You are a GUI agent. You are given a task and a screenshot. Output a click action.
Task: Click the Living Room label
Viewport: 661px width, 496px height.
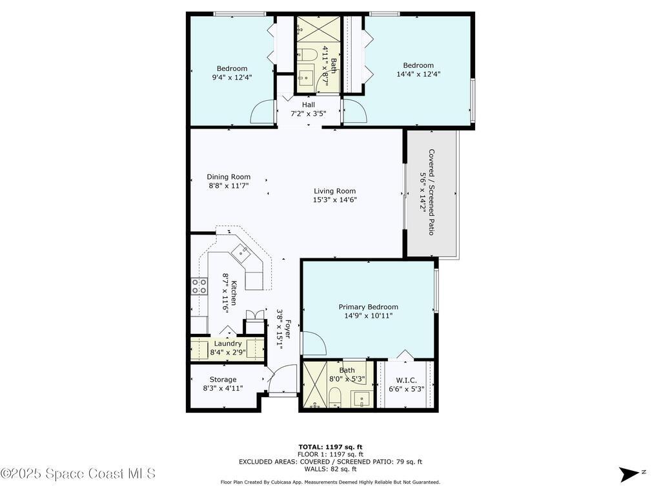click(x=334, y=191)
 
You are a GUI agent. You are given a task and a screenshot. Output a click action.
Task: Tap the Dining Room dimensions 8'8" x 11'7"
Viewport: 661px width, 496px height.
click(x=229, y=185)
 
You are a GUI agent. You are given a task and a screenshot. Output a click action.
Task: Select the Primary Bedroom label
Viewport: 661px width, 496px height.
click(x=368, y=307)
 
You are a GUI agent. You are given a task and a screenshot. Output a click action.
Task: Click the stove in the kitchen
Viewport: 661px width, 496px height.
click(x=199, y=285)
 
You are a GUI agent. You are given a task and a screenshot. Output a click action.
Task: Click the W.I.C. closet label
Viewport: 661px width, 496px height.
click(x=405, y=380)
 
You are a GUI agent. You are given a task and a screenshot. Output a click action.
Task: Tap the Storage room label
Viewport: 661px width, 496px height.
click(x=223, y=379)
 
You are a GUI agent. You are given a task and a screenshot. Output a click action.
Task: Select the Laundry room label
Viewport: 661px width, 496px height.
click(x=228, y=344)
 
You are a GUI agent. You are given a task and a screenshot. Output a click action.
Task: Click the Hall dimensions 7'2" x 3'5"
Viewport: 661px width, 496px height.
click(x=308, y=114)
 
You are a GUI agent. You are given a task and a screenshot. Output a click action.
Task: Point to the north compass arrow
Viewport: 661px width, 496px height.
click(x=629, y=474)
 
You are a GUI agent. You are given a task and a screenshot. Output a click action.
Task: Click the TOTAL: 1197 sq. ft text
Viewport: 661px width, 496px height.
click(x=330, y=446)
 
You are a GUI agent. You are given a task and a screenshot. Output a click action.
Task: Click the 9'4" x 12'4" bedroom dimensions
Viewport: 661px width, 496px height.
click(x=232, y=77)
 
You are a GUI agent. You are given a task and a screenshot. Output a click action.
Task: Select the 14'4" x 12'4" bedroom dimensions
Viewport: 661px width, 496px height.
click(x=418, y=74)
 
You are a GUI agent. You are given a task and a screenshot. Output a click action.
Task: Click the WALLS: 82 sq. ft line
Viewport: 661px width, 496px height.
click(x=330, y=470)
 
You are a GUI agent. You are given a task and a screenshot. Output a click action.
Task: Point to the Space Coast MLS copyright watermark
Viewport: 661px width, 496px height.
click(x=78, y=473)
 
